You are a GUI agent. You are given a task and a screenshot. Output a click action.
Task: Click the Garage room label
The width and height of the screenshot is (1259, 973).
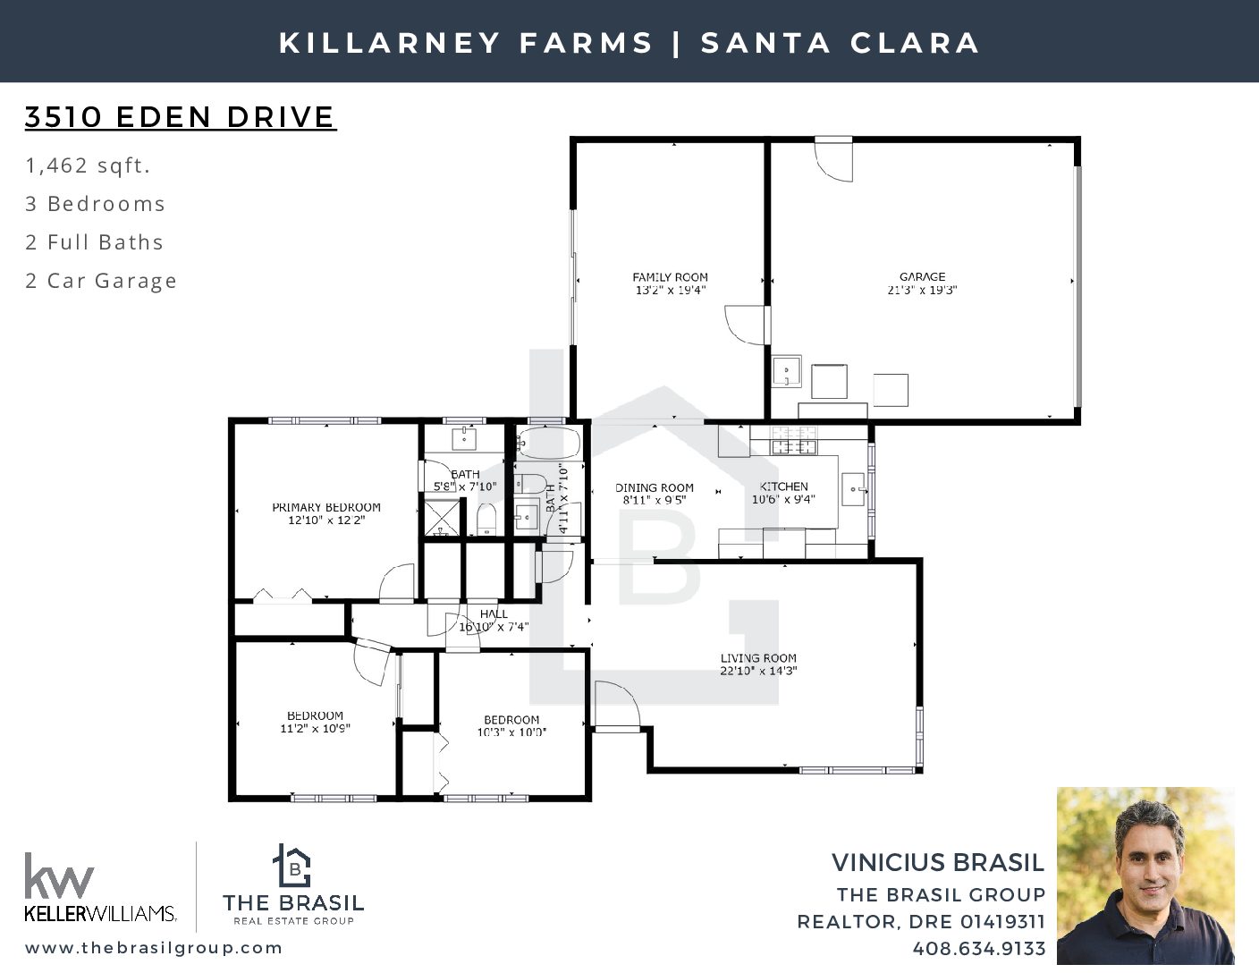tap(923, 277)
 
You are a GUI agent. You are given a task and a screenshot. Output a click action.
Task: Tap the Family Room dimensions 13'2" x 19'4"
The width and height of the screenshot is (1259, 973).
tap(671, 291)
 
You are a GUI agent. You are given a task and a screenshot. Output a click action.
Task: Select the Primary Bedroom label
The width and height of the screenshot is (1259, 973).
tap(326, 508)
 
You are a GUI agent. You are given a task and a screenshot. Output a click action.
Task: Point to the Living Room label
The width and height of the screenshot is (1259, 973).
tap(758, 658)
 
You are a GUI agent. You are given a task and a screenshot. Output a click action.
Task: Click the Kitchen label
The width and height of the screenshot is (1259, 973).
tap(783, 486)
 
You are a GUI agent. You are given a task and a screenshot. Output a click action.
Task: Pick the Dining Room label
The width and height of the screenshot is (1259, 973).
tap(655, 488)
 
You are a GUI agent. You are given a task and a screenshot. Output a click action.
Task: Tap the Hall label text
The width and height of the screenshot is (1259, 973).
tap(494, 613)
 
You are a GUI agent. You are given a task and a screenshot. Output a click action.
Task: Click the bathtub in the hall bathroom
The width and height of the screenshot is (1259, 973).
tap(547, 444)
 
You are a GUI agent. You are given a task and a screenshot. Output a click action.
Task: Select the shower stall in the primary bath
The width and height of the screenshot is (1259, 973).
tap(442, 518)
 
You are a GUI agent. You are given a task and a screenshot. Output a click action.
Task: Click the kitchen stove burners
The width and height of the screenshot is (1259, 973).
tap(793, 440)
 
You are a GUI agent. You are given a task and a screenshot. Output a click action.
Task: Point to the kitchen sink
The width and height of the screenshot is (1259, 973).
tap(853, 489)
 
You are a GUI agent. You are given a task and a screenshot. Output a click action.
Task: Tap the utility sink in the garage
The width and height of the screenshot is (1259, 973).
tap(787, 371)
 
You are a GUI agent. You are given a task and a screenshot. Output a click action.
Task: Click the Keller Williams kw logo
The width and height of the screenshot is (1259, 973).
tap(59, 875)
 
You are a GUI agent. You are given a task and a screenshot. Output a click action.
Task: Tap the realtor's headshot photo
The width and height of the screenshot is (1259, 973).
tap(1145, 876)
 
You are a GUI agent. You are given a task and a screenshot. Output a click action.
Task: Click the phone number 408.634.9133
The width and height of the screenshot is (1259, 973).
tap(979, 949)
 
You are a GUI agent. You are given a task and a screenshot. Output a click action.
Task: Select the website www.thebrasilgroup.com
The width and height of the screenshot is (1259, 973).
tap(154, 948)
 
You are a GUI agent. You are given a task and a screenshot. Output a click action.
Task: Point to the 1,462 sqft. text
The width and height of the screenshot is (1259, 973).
tap(88, 165)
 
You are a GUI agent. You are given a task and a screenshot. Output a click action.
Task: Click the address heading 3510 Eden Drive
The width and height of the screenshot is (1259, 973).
tap(181, 117)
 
